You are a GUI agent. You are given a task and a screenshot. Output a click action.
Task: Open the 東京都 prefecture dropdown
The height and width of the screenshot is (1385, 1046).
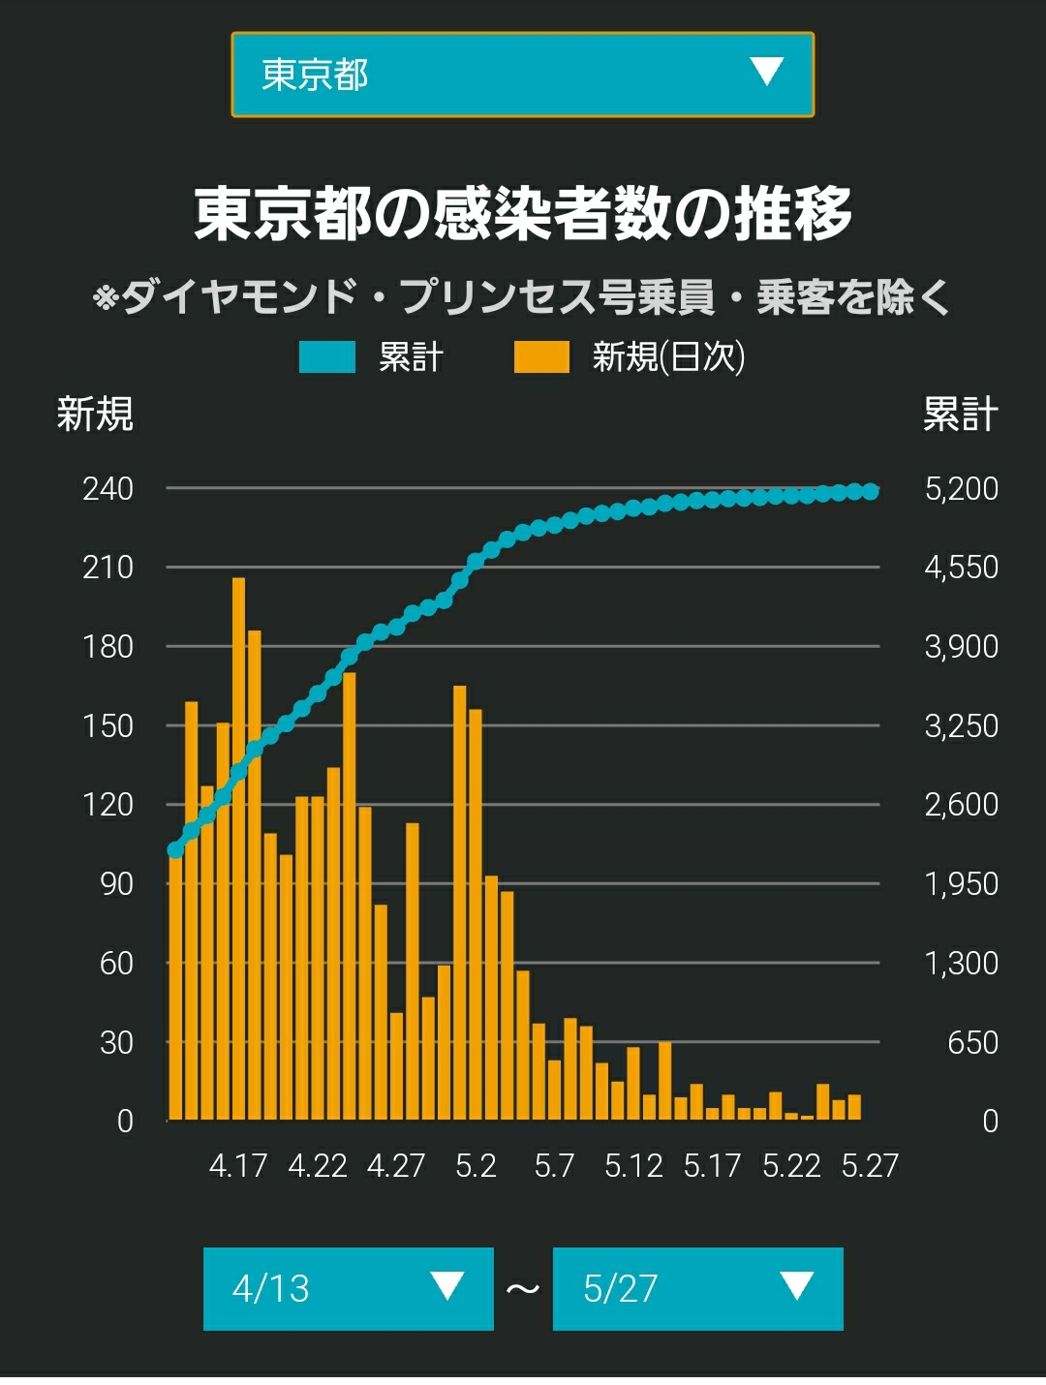[x=522, y=75]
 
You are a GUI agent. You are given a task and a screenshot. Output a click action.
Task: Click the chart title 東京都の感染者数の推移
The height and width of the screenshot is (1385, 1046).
[x=523, y=213]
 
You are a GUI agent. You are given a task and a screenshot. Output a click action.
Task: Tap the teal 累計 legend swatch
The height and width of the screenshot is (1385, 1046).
[x=326, y=357]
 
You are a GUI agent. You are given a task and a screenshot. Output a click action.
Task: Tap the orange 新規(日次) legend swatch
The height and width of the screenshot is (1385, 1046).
[x=541, y=357]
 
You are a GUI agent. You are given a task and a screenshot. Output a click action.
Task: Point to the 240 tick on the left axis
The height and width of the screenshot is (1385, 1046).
[x=108, y=489]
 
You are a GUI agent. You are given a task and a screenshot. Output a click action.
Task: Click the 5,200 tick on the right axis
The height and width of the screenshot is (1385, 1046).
[x=962, y=489]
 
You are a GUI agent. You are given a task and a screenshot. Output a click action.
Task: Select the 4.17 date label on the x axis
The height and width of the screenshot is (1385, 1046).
[x=238, y=1166]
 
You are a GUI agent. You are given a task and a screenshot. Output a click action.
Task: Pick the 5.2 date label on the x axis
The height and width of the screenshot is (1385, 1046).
[x=476, y=1166]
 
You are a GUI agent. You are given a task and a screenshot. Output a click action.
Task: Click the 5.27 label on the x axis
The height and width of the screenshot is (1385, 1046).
[x=870, y=1166]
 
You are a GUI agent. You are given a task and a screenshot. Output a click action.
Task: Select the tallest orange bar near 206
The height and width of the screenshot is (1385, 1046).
[x=238, y=849]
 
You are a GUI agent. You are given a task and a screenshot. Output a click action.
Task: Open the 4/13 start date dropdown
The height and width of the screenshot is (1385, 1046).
[x=349, y=1288]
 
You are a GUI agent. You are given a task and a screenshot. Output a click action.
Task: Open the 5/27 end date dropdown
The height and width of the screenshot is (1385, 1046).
[x=697, y=1288]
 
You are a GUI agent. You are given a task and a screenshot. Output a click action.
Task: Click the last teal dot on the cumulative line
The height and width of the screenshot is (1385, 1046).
[x=871, y=491]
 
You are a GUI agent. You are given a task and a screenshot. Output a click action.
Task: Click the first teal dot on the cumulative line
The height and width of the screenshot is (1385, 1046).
[x=175, y=850]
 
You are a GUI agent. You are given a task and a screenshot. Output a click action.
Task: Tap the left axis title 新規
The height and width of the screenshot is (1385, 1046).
[x=95, y=415]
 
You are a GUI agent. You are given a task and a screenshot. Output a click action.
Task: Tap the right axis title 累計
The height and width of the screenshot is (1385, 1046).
[x=960, y=415]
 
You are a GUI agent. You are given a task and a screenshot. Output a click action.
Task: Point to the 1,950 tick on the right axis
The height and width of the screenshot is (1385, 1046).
[x=962, y=884]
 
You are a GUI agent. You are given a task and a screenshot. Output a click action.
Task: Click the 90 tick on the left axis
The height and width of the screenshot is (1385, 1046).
[x=116, y=884]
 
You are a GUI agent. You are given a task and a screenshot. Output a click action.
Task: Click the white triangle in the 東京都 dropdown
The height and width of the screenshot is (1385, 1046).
[x=767, y=72]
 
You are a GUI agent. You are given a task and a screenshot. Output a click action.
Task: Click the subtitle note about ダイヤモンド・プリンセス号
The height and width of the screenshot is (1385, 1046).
[x=521, y=296]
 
